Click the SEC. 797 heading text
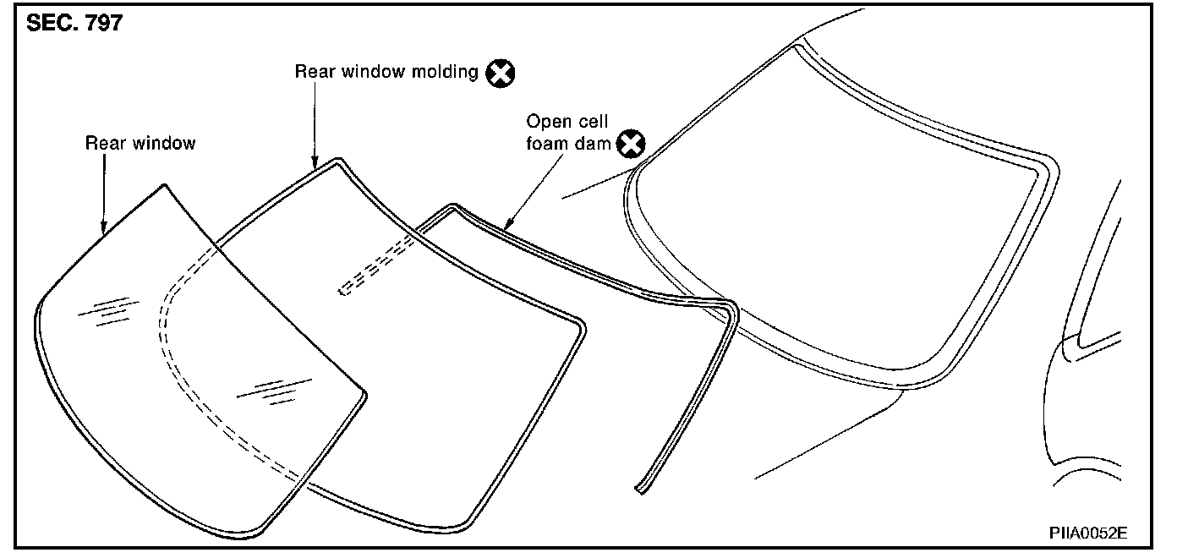[74, 24]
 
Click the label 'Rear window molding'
[386, 71]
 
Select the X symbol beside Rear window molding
[501, 73]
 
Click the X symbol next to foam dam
[631, 145]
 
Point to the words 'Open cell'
[567, 122]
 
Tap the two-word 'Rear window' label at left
[140, 143]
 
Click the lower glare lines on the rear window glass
[272, 391]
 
